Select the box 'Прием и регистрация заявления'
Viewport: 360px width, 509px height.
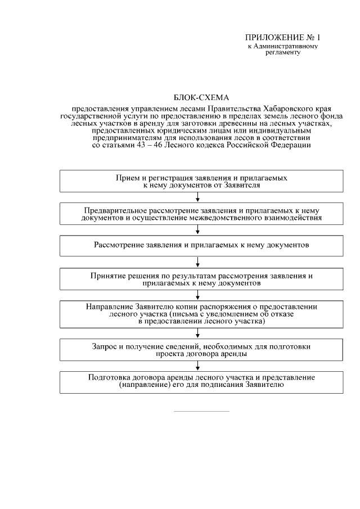[201, 181]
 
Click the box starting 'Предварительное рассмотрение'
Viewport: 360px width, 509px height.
[201, 213]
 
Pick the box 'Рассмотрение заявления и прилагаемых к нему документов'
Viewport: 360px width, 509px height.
[201, 246]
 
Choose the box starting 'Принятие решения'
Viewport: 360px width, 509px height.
[201, 279]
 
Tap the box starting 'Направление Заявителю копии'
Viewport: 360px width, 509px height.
[201, 314]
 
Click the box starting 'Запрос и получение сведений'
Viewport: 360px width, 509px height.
[201, 349]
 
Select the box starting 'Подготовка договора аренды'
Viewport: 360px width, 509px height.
[201, 382]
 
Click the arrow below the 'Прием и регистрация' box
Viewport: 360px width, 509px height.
[197, 196]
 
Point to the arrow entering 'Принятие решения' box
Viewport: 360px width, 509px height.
[197, 262]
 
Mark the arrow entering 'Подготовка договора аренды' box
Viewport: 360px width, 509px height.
[197, 366]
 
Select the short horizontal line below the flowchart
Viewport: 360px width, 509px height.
[201, 411]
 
